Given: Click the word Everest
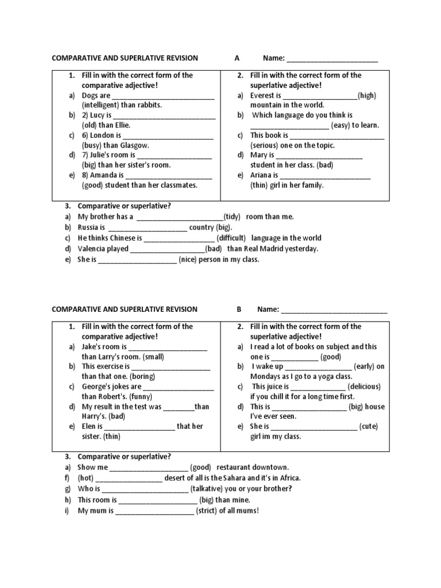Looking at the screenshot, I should pos(262,96).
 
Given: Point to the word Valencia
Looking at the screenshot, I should pos(92,249).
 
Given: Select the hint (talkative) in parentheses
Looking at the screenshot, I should pos(212,489).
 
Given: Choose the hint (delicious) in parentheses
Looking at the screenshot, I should pos(364,386).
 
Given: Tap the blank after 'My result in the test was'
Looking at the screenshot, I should pos(179,407).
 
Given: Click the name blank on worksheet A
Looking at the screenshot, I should pos(332,59).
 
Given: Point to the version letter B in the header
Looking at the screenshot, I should pos(239,309).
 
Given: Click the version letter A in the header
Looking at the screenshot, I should pos(237,58).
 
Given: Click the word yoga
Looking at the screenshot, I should pos(330,376).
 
